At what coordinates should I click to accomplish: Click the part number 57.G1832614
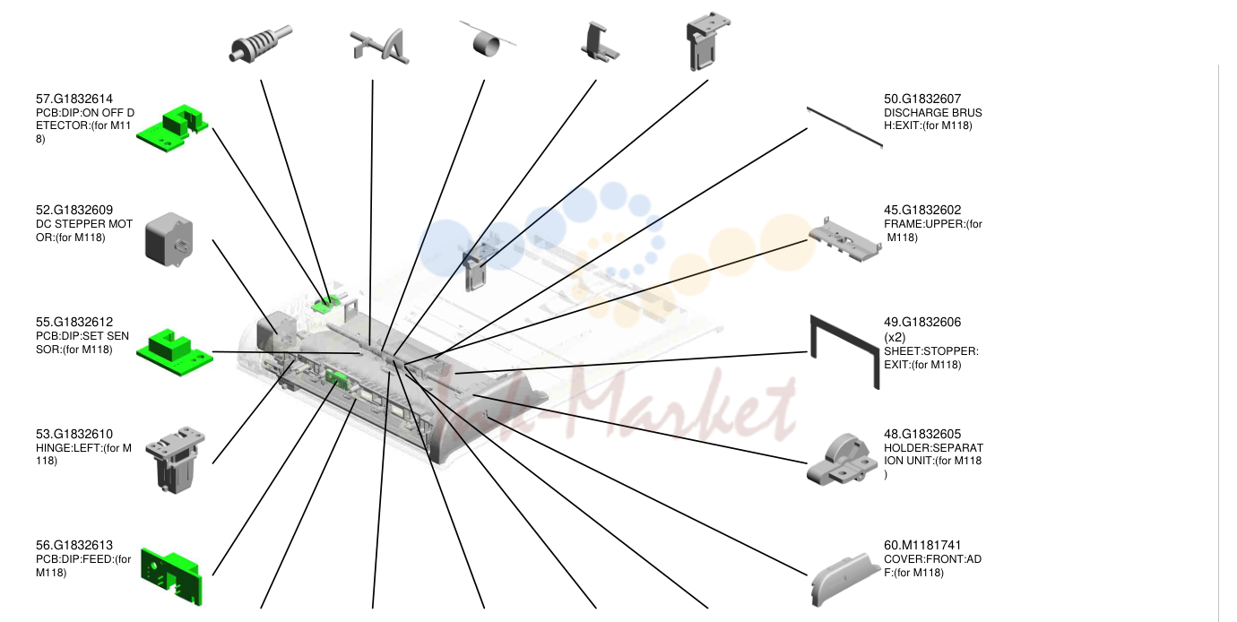[74, 99]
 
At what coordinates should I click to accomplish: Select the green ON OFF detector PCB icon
[172, 128]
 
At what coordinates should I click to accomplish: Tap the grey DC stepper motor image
[169, 239]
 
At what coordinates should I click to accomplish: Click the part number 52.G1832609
[74, 210]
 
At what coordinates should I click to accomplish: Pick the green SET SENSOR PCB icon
[175, 352]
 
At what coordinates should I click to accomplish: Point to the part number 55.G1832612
[74, 322]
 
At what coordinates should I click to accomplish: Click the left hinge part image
[175, 460]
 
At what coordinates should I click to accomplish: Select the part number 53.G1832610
[74, 434]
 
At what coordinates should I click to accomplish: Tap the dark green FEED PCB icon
[171, 576]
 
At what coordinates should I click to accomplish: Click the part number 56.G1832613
[74, 545]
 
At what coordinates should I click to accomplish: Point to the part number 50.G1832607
[922, 99]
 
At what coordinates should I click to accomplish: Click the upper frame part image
[845, 240]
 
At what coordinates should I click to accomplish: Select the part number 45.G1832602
[922, 210]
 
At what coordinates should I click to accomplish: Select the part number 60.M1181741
[922, 545]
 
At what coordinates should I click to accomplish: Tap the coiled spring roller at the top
[260, 44]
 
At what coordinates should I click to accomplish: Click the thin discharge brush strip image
[844, 127]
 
